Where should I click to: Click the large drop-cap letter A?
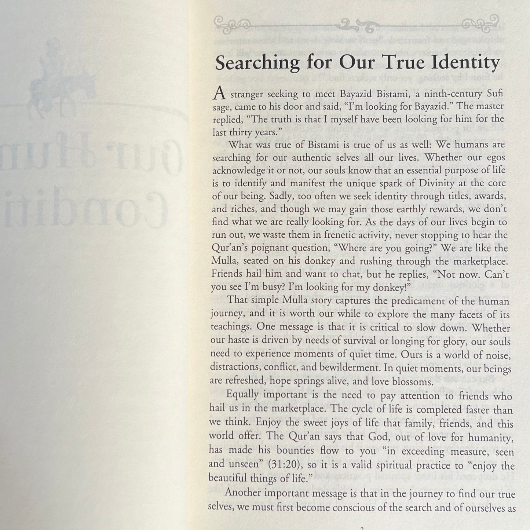click(x=219, y=94)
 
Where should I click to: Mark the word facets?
click(x=468, y=315)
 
